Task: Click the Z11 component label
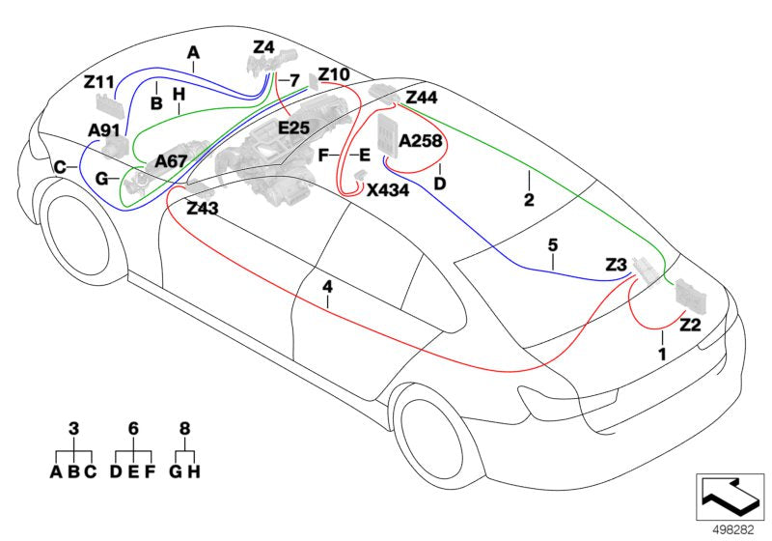[x=99, y=82]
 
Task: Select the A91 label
[x=104, y=129]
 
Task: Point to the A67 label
[x=171, y=161]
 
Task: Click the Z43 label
[x=204, y=209]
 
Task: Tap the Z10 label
[x=334, y=74]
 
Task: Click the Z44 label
[x=422, y=98]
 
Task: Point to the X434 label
[x=388, y=190]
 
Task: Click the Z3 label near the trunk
[x=617, y=264]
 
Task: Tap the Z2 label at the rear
[x=690, y=325]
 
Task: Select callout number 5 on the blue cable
[x=553, y=245]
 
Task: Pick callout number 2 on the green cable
[x=528, y=202]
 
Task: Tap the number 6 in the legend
[x=134, y=426]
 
